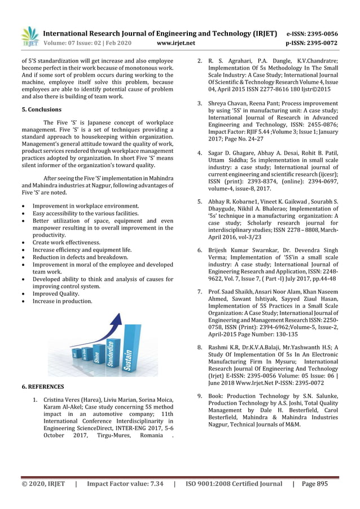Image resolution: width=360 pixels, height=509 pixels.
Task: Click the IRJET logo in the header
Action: point(30,37)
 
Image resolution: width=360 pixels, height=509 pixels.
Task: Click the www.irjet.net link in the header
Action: point(175,43)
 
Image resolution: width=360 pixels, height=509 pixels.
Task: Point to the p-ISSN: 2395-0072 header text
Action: point(312,43)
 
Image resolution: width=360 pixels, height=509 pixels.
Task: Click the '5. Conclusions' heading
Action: point(41,109)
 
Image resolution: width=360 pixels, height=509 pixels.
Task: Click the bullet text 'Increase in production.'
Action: point(62,301)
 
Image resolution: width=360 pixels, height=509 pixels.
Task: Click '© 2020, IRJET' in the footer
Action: point(43,484)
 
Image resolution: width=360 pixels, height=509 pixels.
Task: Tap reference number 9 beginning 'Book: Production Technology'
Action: point(199,396)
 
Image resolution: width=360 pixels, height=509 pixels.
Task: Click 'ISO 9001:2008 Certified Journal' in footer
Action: point(234,484)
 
